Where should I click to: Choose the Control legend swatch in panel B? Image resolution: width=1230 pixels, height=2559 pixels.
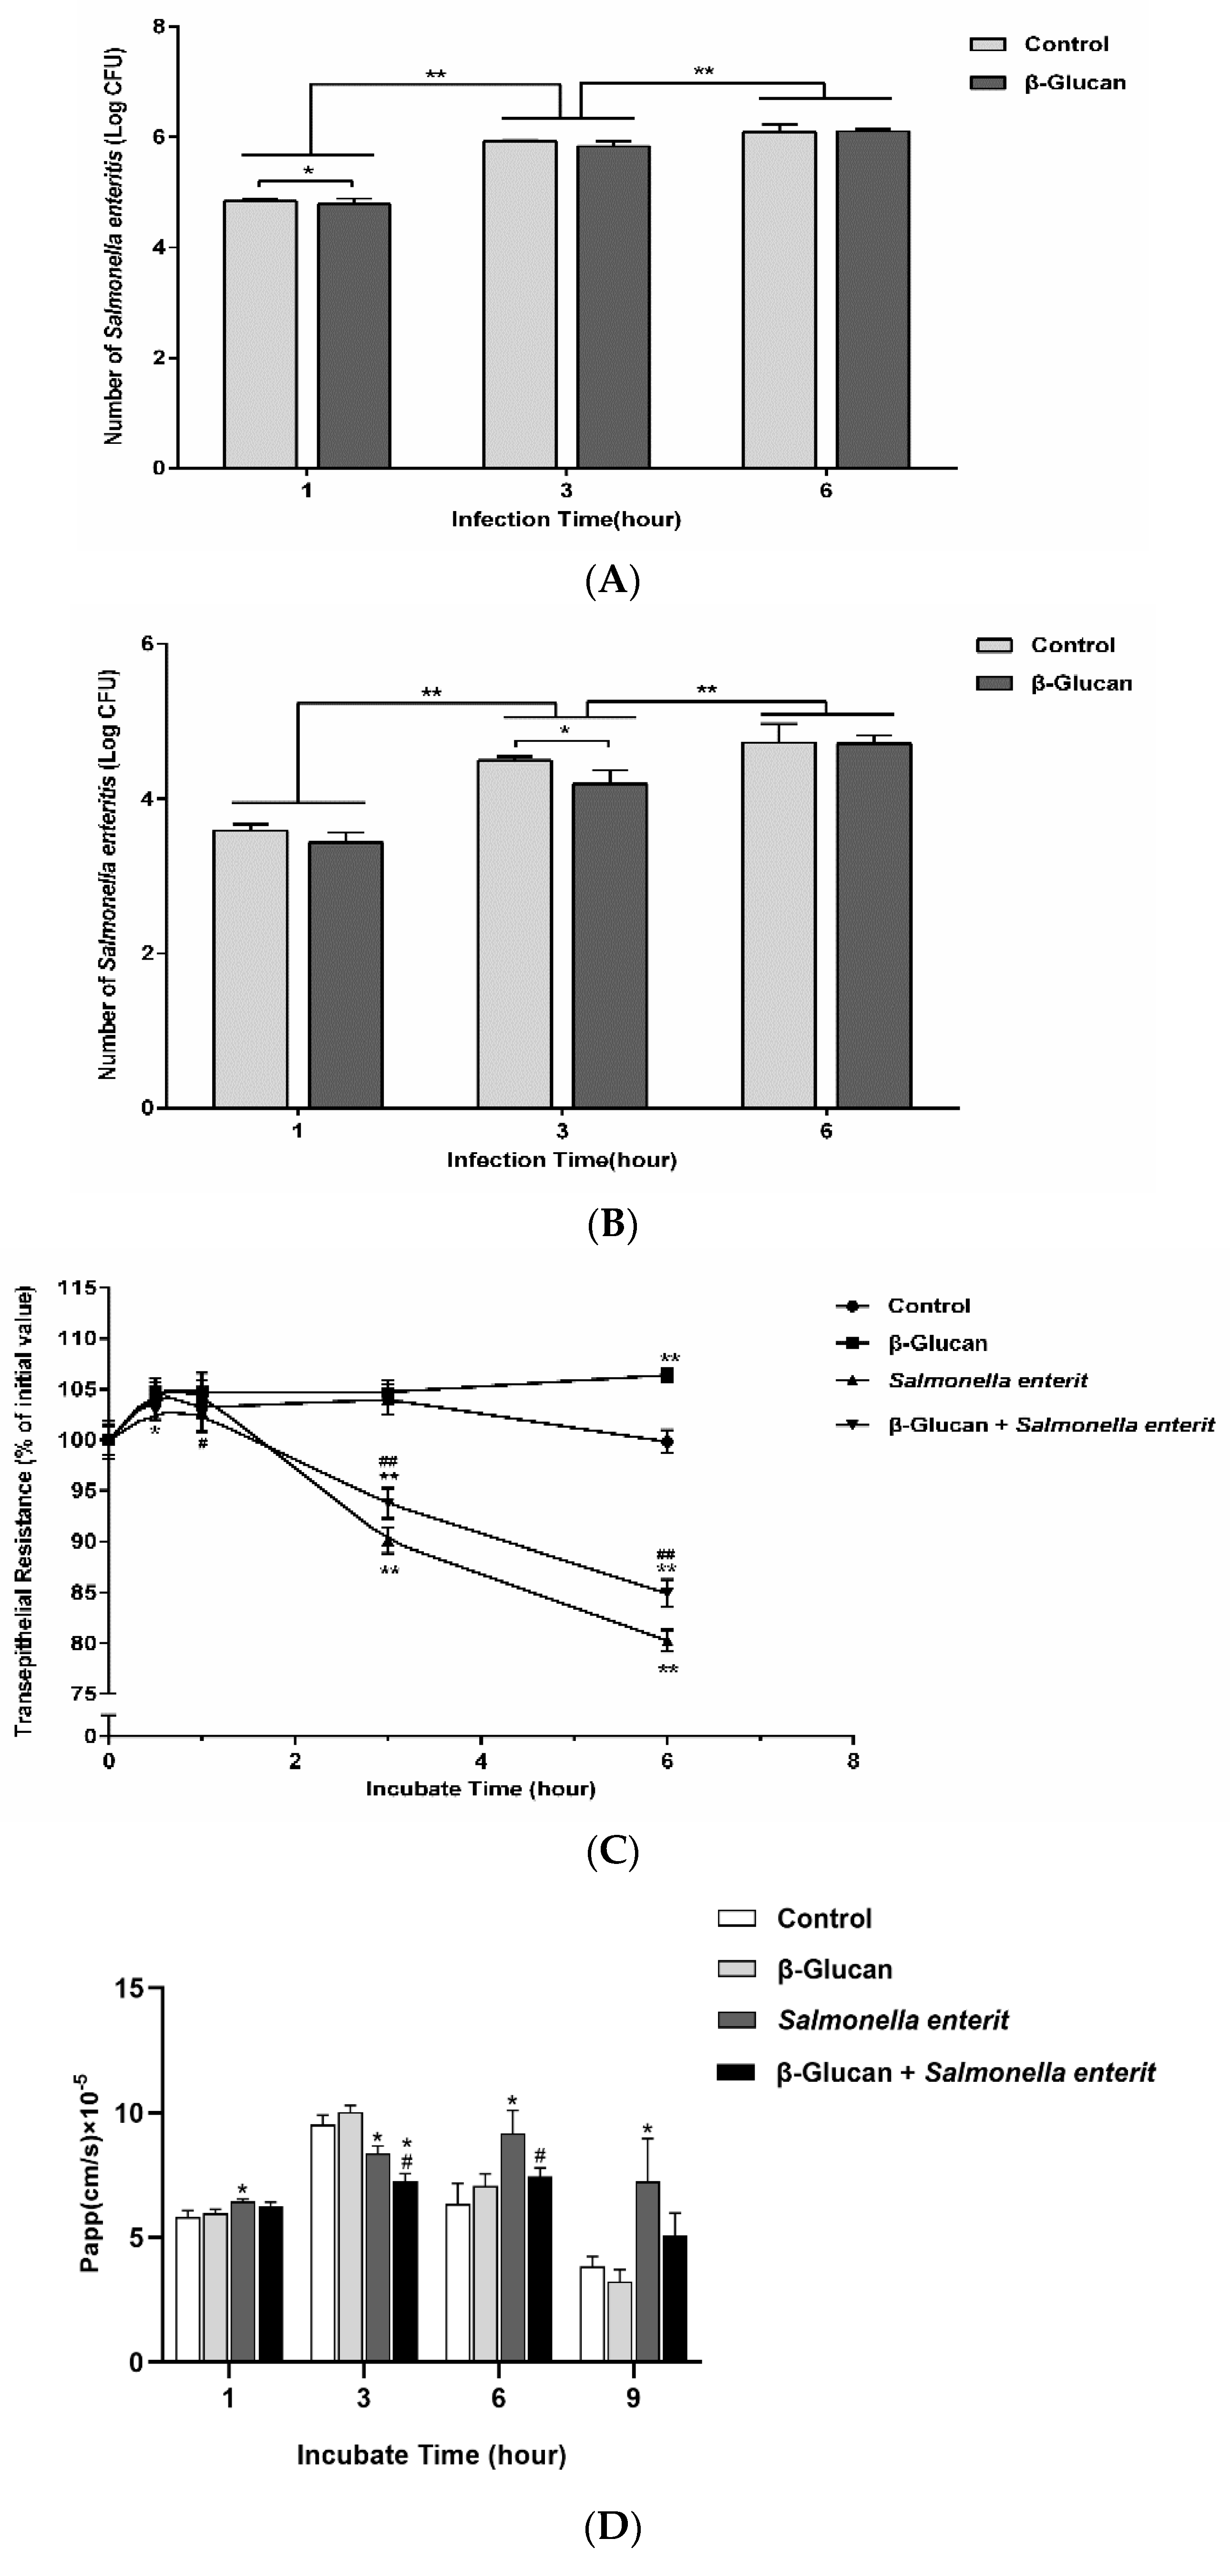[994, 645]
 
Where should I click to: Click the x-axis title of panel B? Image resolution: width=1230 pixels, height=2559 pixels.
[561, 1159]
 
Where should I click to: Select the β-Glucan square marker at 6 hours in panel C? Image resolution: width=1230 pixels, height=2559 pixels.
[667, 1375]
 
